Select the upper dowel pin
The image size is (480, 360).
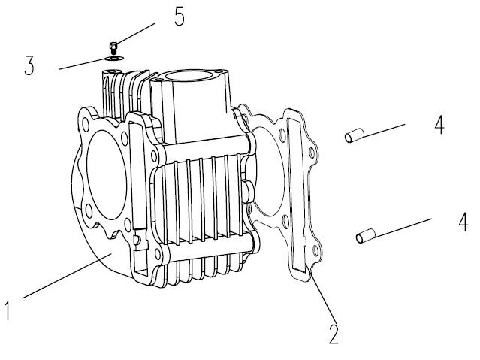(x=354, y=137)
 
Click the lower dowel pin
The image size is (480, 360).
(x=365, y=237)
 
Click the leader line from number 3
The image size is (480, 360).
(x=83, y=62)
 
